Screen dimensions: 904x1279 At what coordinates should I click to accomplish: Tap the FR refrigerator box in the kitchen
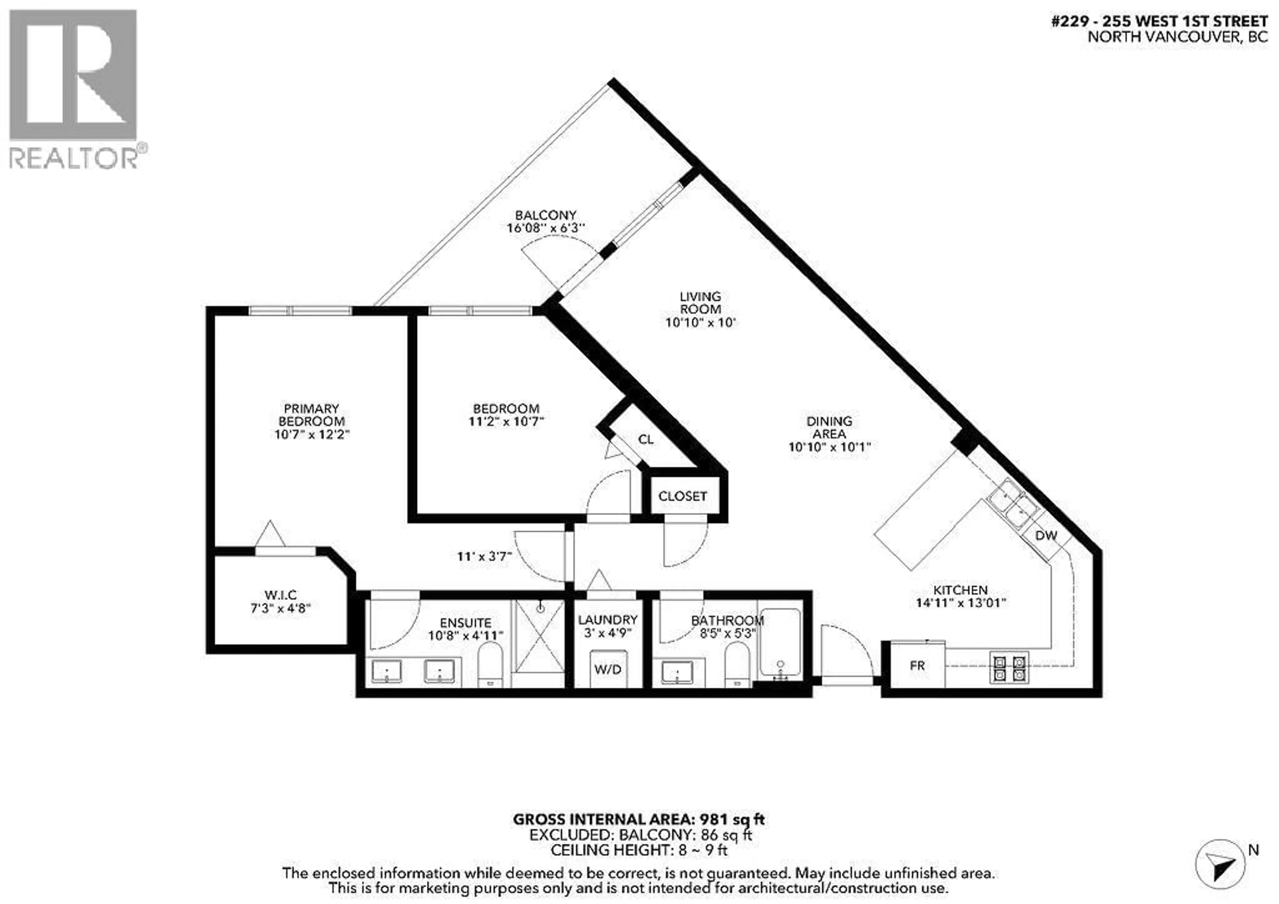[917, 666]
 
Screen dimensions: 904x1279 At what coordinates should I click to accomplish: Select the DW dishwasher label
[1046, 536]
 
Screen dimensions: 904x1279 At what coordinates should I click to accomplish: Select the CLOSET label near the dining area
[682, 496]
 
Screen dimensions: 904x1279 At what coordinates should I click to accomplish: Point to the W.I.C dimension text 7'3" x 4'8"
[280, 608]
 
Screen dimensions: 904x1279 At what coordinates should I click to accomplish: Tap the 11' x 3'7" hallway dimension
[484, 556]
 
